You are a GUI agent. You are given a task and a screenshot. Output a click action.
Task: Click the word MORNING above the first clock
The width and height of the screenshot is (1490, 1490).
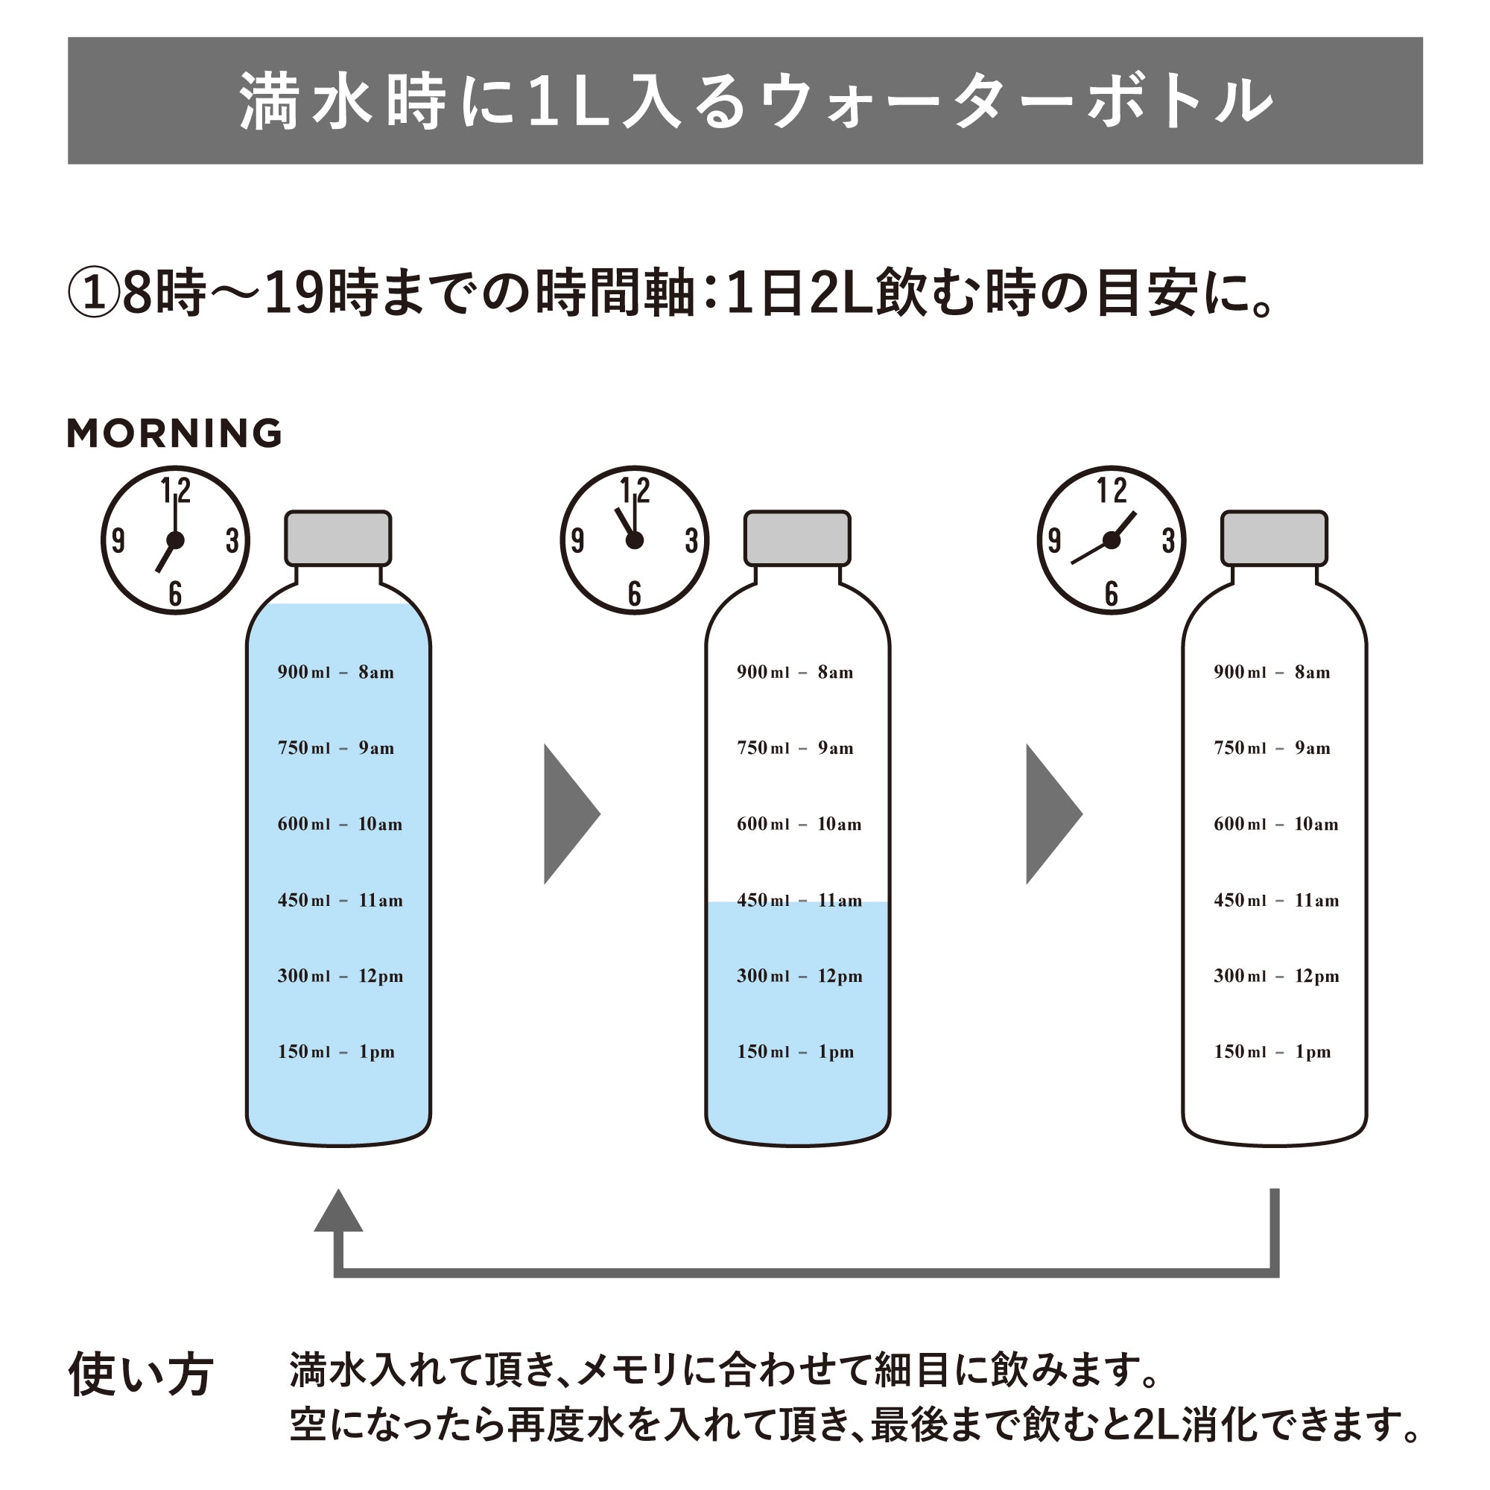coord(174,433)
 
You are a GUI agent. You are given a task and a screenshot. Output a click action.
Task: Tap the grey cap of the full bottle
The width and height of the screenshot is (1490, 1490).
coord(337,539)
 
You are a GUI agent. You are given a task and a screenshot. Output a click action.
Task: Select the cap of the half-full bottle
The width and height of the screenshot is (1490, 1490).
coord(796,539)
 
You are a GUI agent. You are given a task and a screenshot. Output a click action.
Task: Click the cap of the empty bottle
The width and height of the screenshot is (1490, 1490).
coord(1274,539)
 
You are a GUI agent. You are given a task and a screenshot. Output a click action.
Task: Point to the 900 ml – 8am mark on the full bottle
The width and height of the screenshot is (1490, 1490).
coord(335,673)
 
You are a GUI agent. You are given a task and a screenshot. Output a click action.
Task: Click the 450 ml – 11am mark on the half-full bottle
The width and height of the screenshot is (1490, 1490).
coord(799,901)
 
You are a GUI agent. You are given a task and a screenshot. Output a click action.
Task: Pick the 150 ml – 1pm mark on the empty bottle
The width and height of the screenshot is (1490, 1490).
coord(1272,1052)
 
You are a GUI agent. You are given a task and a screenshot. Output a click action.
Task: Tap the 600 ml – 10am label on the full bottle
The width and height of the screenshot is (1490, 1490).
coord(339,825)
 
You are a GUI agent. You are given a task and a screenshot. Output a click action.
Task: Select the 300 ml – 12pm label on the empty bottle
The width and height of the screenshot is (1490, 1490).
coord(1275,977)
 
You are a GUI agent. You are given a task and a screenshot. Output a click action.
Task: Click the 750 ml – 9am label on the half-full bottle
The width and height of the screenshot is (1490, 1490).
coord(794,748)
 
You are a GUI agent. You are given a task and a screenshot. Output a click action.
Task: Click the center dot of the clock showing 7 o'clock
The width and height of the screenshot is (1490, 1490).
coord(175,541)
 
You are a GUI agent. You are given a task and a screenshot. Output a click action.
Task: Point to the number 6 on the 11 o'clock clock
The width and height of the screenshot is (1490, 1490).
coord(634,593)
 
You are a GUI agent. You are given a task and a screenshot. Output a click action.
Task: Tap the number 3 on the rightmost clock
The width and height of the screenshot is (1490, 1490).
coord(1167,541)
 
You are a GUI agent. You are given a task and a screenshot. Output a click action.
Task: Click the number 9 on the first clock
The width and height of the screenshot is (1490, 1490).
coord(118,541)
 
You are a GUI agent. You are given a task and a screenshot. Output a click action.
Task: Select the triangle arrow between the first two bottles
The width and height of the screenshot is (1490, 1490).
coord(569,814)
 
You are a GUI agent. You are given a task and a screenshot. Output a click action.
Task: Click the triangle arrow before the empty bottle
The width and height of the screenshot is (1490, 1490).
coord(1051,814)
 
